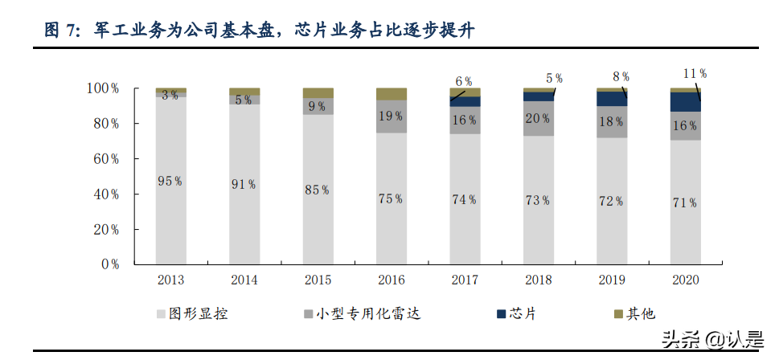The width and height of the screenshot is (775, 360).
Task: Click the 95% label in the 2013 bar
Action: pyautogui.click(x=170, y=182)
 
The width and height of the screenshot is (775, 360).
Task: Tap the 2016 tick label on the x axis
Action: pyautogui.click(x=391, y=280)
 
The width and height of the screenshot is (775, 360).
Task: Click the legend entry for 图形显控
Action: pyautogui.click(x=191, y=313)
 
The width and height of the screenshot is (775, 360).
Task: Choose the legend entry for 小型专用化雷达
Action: pyautogui.click(x=362, y=313)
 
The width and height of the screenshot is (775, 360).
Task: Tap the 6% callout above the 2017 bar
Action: pyautogui.click(x=464, y=81)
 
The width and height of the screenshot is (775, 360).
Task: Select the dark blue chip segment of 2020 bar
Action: pyautogui.click(x=685, y=101)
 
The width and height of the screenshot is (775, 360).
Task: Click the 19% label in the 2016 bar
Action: pyautogui.click(x=391, y=116)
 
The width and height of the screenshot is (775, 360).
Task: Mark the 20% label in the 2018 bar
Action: pyautogui.click(x=538, y=118)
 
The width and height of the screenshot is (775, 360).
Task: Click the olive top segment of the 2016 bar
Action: pyautogui.click(x=391, y=94)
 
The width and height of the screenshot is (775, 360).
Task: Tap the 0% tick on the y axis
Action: pyautogui.click(x=109, y=264)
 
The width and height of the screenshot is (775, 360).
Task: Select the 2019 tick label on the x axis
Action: pyautogui.click(x=612, y=280)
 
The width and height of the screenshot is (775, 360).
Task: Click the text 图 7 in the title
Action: pyautogui.click(x=61, y=31)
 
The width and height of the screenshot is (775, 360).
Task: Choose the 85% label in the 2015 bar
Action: pyautogui.click(x=317, y=190)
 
